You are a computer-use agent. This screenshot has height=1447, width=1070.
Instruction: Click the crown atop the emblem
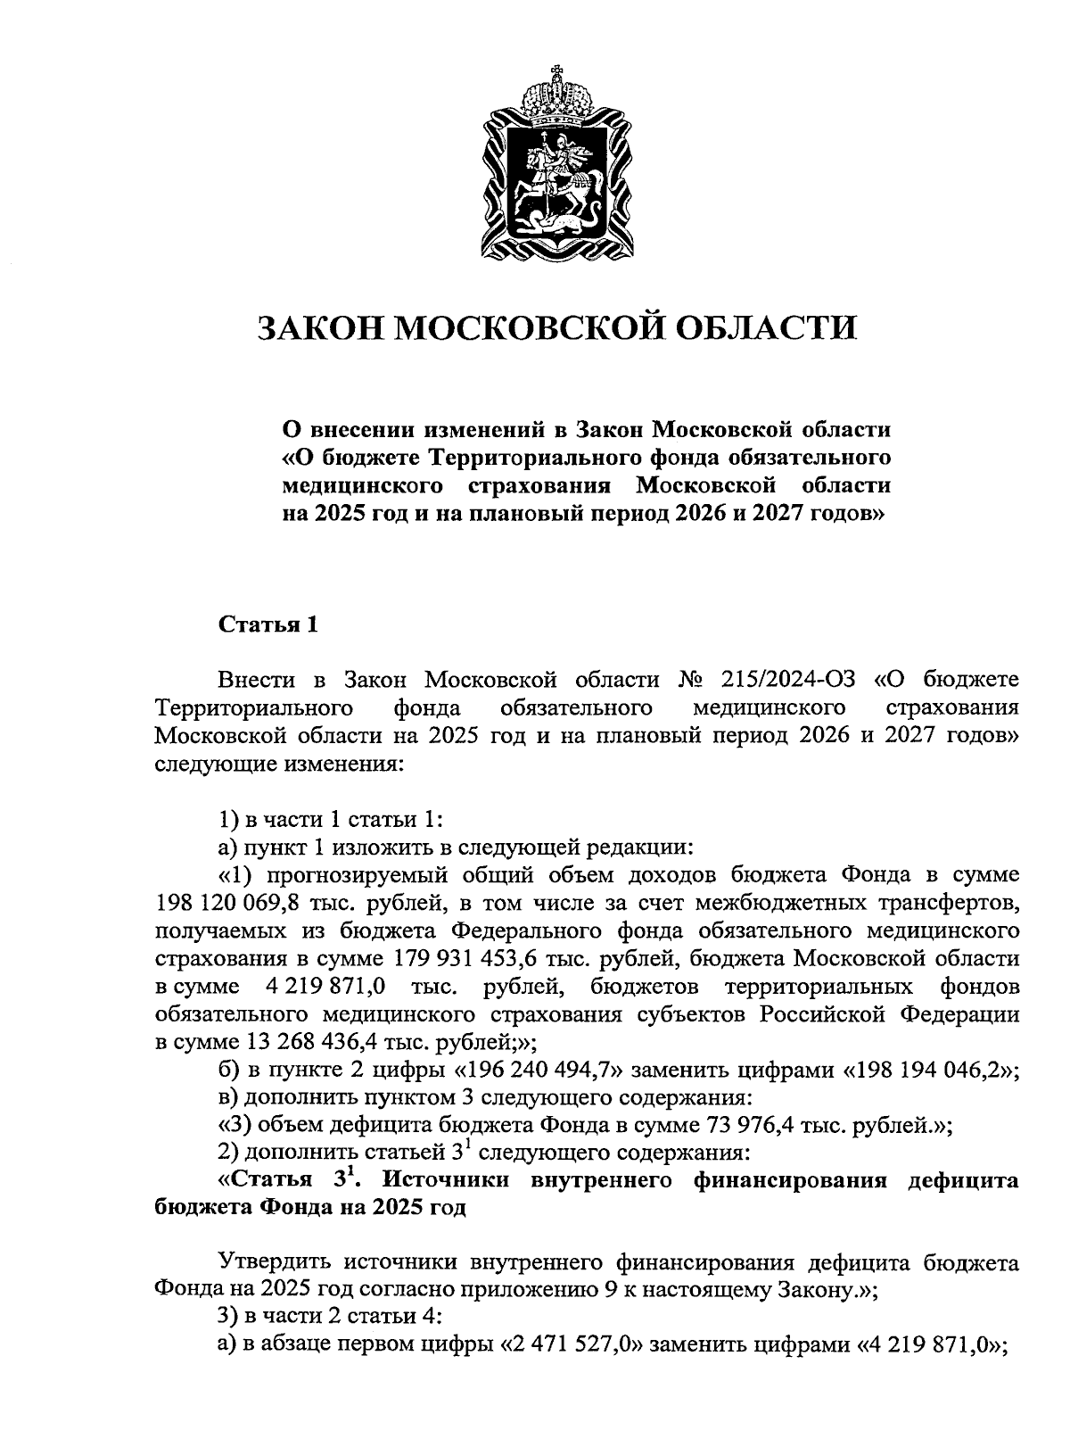[x=556, y=93]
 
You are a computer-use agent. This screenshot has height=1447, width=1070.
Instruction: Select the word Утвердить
[x=276, y=1263]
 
